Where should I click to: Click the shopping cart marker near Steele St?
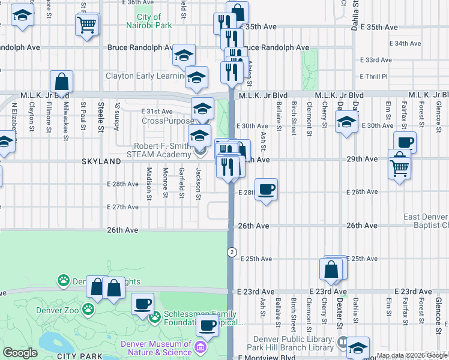(x=87, y=25)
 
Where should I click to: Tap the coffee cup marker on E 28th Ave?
(x=267, y=190)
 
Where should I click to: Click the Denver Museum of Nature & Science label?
(x=155, y=348)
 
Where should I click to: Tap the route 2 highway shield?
(x=231, y=252)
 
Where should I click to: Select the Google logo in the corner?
(x=20, y=353)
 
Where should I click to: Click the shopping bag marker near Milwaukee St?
(x=61, y=82)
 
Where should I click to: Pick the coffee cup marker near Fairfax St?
(x=405, y=143)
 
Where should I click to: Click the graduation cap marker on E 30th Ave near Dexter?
(x=346, y=124)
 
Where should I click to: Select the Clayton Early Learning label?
(x=144, y=76)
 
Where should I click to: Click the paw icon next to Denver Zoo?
(x=88, y=308)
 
